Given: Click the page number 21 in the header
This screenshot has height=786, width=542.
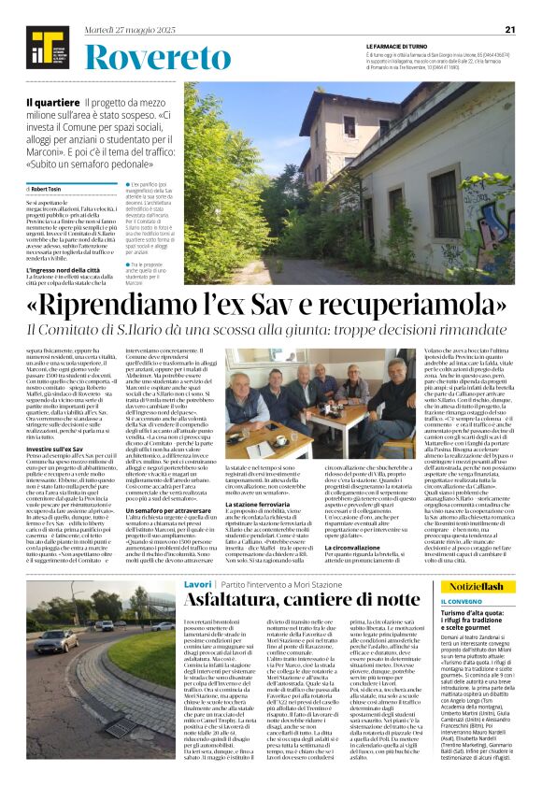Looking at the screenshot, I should (x=510, y=29).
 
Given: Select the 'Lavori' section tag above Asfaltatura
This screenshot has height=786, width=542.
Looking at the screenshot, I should (x=198, y=582).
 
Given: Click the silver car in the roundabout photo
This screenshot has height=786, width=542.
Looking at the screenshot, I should (x=104, y=625).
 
